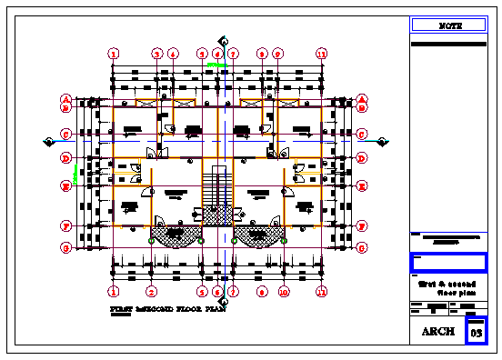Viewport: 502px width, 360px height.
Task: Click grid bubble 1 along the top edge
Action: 114,55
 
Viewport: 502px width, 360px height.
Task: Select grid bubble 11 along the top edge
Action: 321,55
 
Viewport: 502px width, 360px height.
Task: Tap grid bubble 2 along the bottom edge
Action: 152,293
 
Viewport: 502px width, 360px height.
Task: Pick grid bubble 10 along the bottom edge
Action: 284,293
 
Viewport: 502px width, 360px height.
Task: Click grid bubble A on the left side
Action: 65,99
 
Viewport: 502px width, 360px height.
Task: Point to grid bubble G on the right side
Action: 362,247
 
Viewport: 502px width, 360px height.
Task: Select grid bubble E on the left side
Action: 65,186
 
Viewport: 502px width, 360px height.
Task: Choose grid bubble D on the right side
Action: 362,159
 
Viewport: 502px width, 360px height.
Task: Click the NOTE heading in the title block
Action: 450,25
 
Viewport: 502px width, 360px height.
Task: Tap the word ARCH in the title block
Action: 438,333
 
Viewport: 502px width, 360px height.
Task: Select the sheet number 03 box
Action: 477,333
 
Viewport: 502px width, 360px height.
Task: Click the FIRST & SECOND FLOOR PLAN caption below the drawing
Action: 167,309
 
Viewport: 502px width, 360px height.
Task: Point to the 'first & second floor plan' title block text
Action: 450,288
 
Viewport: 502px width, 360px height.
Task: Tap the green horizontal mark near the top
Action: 216,65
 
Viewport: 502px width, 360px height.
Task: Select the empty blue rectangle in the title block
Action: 450,263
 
